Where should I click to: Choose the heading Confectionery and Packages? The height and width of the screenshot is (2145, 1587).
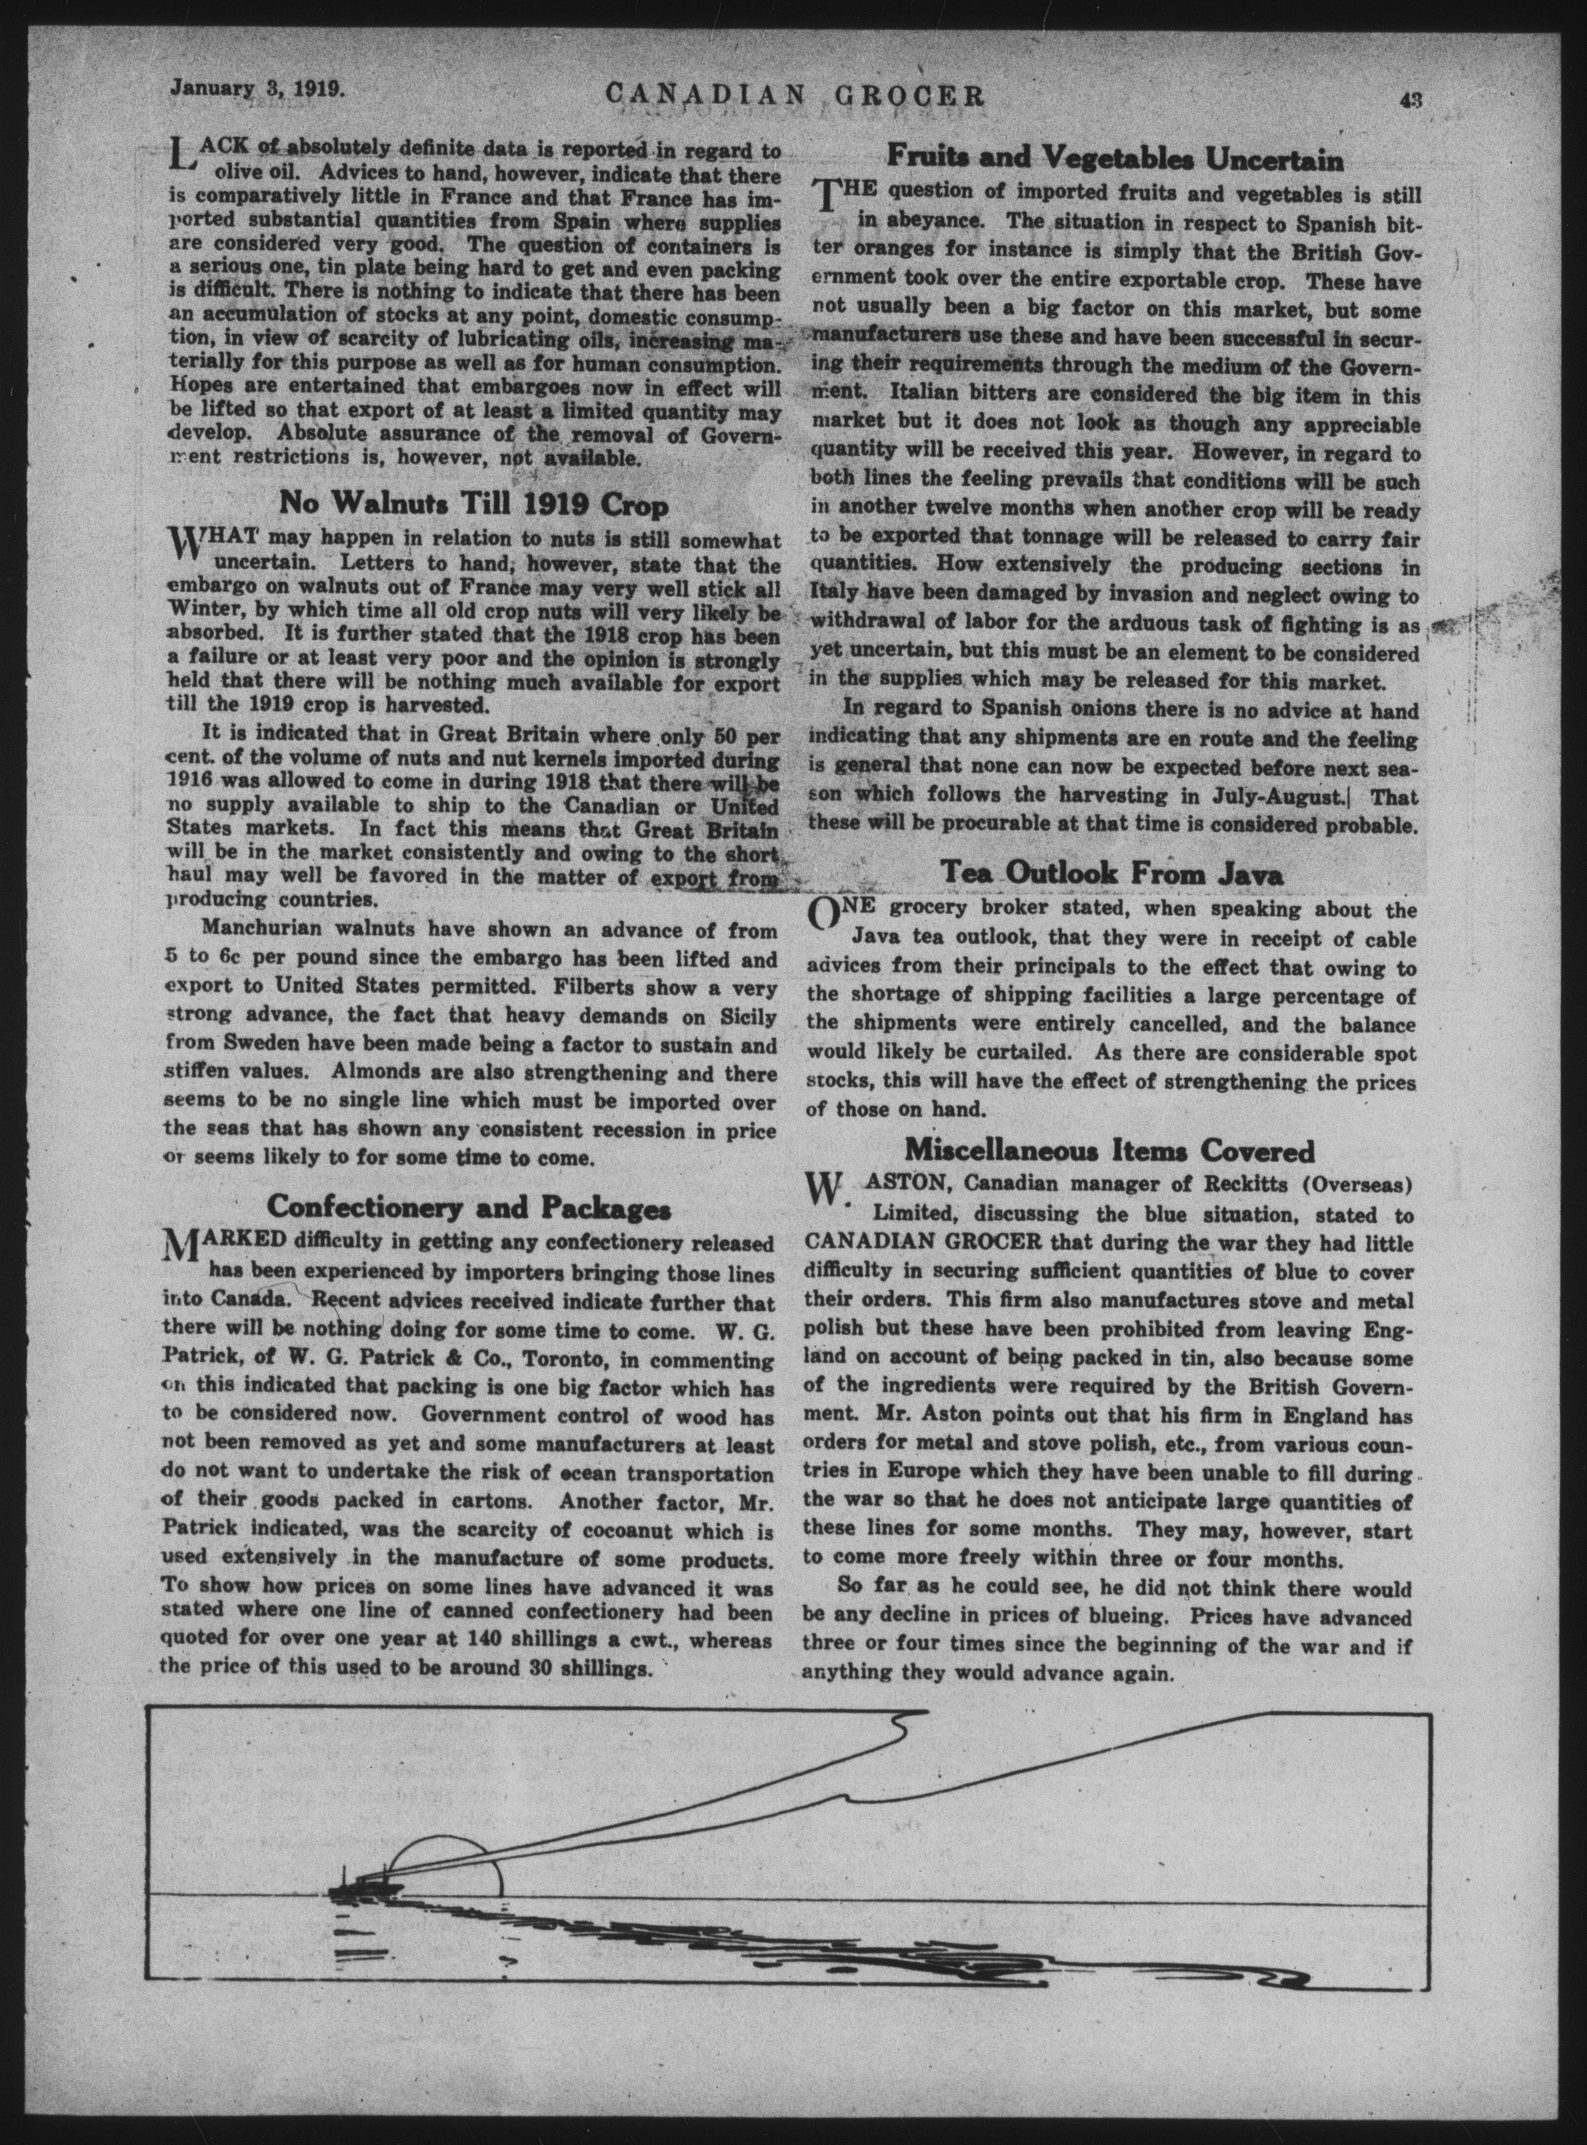click(x=469, y=1205)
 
